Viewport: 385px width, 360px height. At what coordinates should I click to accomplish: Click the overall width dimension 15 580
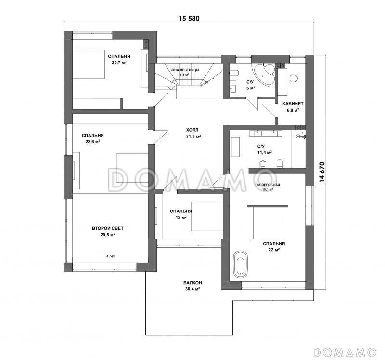[189, 18]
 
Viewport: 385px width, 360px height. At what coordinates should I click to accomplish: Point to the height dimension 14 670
[322, 172]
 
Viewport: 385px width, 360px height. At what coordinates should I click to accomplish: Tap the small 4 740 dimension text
[111, 256]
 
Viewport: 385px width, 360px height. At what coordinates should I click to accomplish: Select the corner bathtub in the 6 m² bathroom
[264, 75]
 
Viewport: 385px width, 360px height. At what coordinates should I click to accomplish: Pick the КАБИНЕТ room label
[293, 104]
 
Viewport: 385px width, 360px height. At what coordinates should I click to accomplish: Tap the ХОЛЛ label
[192, 130]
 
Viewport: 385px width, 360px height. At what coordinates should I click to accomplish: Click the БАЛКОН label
[192, 283]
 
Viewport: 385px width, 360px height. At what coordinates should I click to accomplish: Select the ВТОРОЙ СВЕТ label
[108, 228]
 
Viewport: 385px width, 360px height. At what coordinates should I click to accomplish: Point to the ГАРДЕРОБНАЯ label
[268, 185]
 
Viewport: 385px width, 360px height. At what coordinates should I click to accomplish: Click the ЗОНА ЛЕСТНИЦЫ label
[184, 70]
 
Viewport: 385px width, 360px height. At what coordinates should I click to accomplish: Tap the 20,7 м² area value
[119, 62]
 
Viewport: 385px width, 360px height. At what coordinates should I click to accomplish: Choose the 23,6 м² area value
[92, 141]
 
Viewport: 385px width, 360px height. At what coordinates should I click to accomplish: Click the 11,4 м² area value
[264, 152]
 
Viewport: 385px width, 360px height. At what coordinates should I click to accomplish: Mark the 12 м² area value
[181, 218]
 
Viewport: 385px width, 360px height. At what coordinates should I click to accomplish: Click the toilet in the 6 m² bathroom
[234, 73]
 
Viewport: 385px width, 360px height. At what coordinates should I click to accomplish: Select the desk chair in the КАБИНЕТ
[294, 78]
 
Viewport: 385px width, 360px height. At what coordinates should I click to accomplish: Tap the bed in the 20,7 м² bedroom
[89, 64]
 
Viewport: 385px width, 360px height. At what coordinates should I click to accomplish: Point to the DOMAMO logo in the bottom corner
[345, 352]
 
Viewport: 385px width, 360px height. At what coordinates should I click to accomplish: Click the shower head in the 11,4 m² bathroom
[299, 136]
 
